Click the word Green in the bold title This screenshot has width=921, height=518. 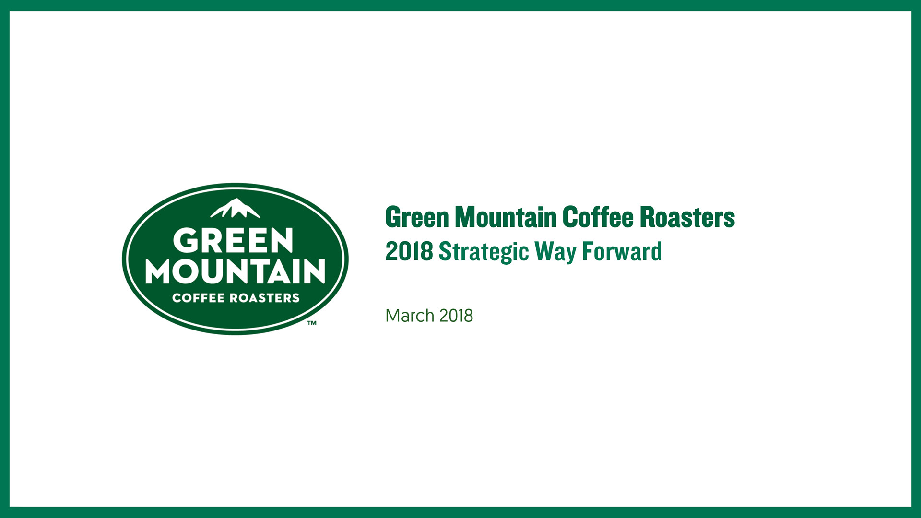click(x=417, y=217)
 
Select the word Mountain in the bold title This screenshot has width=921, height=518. click(x=506, y=217)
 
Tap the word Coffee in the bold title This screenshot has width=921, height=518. click(x=598, y=217)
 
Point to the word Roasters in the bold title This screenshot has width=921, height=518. click(x=687, y=217)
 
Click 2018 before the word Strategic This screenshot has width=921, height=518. click(x=409, y=251)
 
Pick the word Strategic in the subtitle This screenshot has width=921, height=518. click(x=484, y=252)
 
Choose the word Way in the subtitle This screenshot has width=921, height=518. click(x=555, y=252)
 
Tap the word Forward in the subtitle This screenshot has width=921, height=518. click(x=622, y=251)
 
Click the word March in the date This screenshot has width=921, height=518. click(x=410, y=316)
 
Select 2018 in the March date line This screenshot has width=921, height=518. click(x=456, y=316)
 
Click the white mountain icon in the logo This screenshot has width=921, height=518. click(x=235, y=208)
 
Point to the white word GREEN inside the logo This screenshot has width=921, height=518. click(x=233, y=240)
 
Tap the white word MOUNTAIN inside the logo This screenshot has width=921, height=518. click(x=236, y=271)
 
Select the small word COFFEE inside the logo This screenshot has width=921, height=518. click(x=199, y=298)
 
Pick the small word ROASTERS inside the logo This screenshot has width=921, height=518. click(x=265, y=298)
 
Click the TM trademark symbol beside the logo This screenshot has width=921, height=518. click(x=312, y=323)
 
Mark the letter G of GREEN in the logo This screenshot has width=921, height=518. click(x=185, y=240)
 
